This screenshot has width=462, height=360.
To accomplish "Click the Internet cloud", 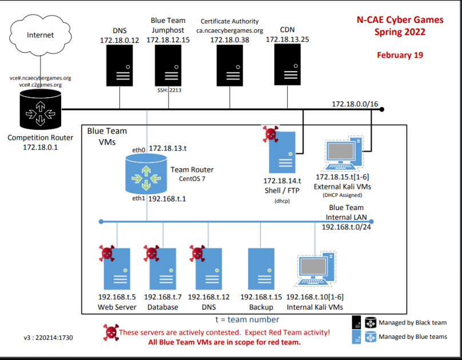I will click(x=40, y=35).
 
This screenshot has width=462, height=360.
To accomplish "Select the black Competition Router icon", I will click(x=40, y=111).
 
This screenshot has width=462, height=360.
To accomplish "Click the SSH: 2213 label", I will click(x=169, y=90).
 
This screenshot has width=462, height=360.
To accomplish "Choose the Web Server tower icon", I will click(x=117, y=271).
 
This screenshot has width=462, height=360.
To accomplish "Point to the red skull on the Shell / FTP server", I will click(x=270, y=135).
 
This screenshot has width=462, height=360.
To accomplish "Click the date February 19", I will click(x=400, y=55).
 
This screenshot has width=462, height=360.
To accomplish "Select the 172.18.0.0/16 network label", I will click(x=354, y=104).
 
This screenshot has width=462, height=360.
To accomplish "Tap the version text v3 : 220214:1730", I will click(x=49, y=338).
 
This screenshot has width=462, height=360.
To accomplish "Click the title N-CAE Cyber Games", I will click(x=400, y=20).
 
